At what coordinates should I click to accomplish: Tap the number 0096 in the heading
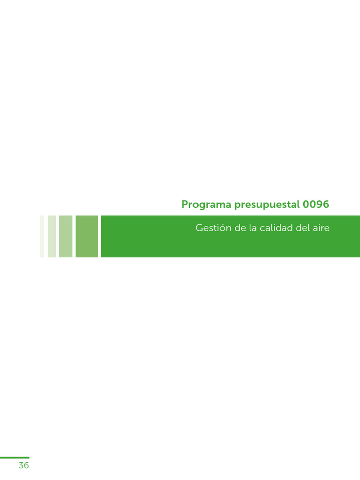(x=316, y=204)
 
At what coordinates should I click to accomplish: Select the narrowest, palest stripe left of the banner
(x=42, y=236)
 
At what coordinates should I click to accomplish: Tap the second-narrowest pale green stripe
(x=52, y=236)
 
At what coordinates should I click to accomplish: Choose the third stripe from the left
(x=66, y=236)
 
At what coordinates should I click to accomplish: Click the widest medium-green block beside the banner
(x=87, y=236)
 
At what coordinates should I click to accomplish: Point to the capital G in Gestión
(x=199, y=228)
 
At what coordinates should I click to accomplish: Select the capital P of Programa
(x=184, y=204)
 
